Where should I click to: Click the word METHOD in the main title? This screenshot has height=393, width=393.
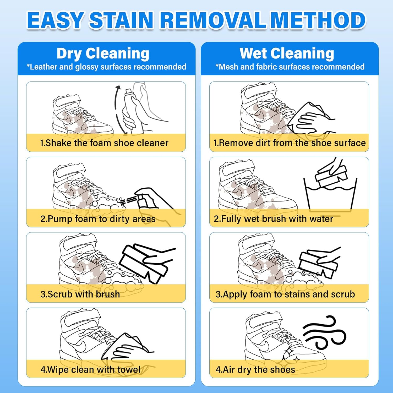pos(318,20)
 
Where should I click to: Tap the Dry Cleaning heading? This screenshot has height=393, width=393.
pos(103,54)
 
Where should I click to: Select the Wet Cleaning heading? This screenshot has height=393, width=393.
pos(287,54)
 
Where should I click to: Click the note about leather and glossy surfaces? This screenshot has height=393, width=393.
pos(106,67)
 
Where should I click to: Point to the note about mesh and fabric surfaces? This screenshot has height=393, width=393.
pos(290,67)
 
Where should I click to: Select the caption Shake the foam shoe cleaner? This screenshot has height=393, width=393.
pos(104,143)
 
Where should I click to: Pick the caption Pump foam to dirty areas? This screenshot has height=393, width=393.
pos(98,219)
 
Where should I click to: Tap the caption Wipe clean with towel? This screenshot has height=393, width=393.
pos(90,370)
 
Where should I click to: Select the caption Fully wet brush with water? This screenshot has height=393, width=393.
pos(274,219)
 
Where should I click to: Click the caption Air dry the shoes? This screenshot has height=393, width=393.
pos(255,370)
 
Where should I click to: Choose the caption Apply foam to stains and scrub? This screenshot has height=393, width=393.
pos(285,294)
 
